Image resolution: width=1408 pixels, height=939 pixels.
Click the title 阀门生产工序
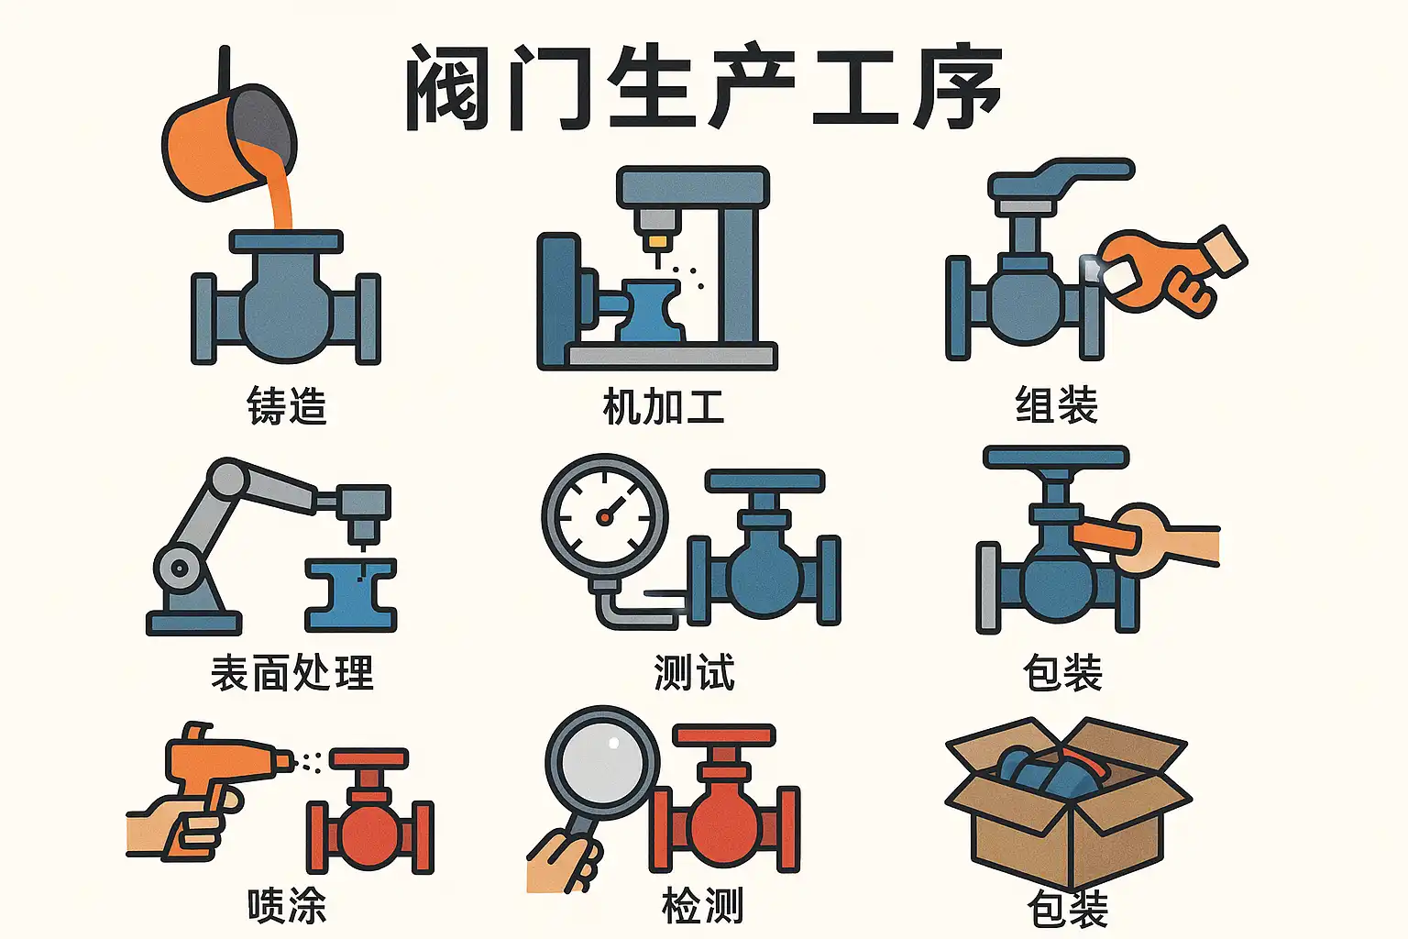(703, 87)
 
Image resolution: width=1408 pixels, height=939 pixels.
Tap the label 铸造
(287, 405)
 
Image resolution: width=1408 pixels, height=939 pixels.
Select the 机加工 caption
(663, 406)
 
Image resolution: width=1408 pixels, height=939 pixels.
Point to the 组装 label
(1057, 404)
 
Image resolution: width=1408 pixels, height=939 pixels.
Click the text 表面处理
(292, 672)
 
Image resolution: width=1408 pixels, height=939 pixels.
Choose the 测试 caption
(695, 672)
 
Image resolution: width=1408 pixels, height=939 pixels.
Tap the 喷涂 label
(287, 905)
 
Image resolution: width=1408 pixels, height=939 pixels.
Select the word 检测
(703, 905)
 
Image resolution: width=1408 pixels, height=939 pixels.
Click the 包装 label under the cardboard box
(1068, 909)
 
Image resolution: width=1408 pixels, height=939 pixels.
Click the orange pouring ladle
(227, 141)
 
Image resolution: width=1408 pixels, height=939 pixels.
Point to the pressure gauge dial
(605, 517)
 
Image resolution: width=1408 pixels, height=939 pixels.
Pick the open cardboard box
(1068, 802)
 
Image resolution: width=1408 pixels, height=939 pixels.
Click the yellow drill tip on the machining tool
(657, 242)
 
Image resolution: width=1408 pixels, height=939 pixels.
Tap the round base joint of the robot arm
(180, 568)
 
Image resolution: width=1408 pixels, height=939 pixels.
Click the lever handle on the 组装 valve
(1061, 179)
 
